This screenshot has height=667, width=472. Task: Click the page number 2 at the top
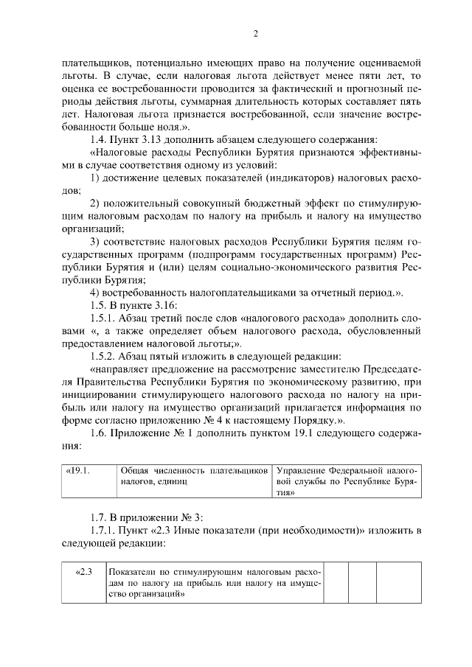[x=254, y=33]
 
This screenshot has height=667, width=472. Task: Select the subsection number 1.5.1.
[x=104, y=319]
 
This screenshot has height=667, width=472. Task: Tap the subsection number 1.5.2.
[x=104, y=357]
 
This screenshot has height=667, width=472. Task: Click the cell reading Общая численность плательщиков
[x=194, y=476]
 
